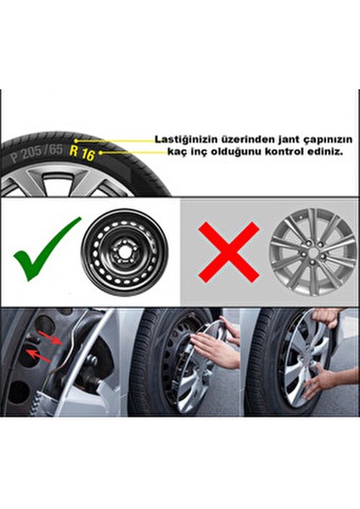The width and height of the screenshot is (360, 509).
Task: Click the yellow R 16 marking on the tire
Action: tap(84, 153)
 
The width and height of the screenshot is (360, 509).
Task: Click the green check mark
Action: tap(46, 248)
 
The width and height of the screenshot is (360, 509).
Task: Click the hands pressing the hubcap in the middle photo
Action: tap(213, 348)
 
